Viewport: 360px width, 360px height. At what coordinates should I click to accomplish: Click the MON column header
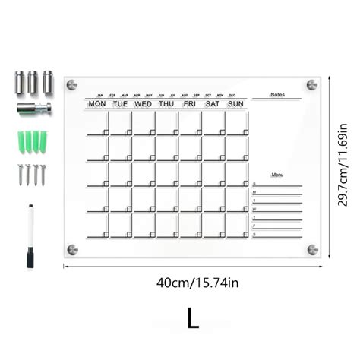pos(97,103)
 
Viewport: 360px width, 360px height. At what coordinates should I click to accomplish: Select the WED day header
pos(144,103)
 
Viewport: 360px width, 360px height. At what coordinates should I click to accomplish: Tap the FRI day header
pos(190,103)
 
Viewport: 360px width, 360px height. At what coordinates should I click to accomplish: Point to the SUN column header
pos(236,103)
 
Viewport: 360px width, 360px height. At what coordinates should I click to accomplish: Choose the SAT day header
pos(213,103)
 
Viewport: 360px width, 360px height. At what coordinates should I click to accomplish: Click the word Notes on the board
pos(277,95)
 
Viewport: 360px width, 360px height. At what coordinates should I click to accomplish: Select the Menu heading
pos(277,175)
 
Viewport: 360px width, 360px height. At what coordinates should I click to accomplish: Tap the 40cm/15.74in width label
pos(197,283)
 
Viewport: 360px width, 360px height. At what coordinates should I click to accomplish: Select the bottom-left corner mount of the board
pos(72,248)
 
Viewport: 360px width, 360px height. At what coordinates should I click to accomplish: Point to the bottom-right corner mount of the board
pos(311,248)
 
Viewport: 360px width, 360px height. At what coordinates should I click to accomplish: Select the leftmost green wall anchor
pos(18,141)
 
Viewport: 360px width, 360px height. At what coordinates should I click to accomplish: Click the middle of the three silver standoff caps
pos(33,80)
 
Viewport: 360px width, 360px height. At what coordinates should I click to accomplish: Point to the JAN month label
pos(99,96)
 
